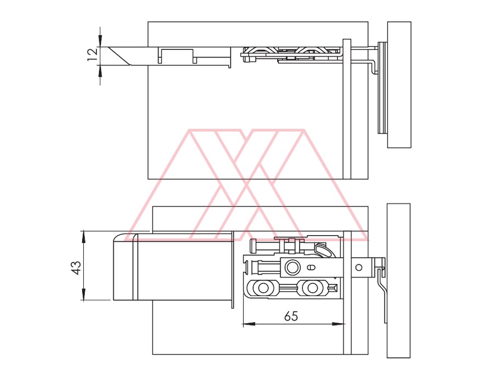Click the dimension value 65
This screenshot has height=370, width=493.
point(291,316)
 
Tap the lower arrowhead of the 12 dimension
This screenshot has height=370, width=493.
point(100,72)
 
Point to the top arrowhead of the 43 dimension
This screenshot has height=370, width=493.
point(84,237)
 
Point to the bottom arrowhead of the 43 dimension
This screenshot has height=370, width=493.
point(84,294)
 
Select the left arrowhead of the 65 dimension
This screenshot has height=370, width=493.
point(250,324)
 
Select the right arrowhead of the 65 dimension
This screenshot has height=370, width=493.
point(339,324)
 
